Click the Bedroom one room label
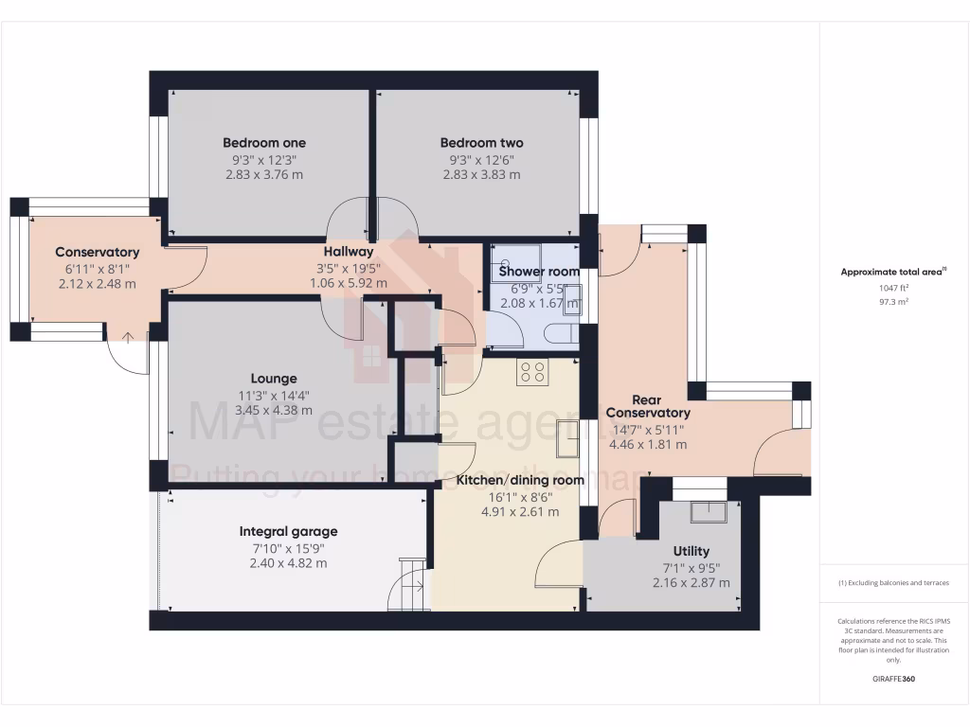[264, 143]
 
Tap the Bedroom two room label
[481, 143]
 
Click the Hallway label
[349, 252]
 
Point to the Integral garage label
[288, 531]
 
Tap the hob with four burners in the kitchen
[531, 373]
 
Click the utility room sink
[710, 511]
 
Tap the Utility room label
[691, 551]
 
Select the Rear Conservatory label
[648, 405]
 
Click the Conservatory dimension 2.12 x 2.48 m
[97, 283]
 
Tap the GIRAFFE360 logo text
[893, 679]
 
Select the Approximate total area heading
[892, 272]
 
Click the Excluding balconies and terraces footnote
[893, 583]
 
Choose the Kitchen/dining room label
[520, 480]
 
